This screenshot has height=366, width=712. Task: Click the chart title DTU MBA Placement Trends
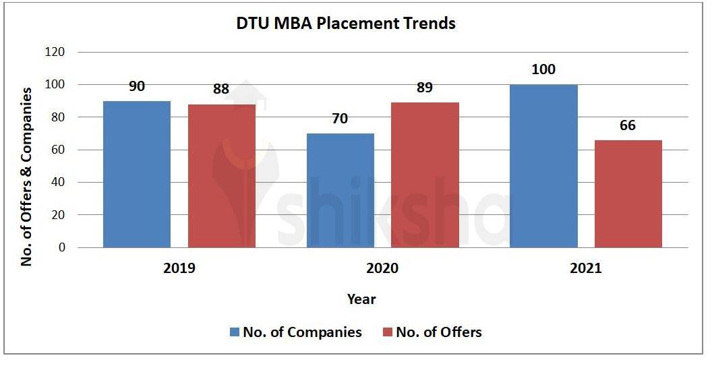[345, 24]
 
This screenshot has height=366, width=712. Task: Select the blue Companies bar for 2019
[137, 174]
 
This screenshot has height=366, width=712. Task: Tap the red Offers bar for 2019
[222, 176]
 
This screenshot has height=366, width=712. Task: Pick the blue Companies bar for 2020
[340, 190]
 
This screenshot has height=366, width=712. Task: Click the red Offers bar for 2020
[425, 175]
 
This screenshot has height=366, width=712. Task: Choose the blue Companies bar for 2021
[543, 166]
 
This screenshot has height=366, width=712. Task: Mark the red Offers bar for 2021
[628, 193]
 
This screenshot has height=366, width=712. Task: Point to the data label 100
[543, 69]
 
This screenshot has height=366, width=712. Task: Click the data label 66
[628, 125]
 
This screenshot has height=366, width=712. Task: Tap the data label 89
[425, 88]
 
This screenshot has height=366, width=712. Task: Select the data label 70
[340, 119]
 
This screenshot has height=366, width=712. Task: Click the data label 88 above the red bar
[222, 89]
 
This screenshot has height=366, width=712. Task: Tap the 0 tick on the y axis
[62, 247]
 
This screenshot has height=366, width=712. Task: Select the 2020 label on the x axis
[382, 268]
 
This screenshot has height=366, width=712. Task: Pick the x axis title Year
[361, 299]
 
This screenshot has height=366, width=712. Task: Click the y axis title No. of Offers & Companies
[27, 177]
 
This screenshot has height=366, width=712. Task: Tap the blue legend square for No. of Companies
[235, 332]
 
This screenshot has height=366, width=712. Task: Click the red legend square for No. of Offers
[388, 332]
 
